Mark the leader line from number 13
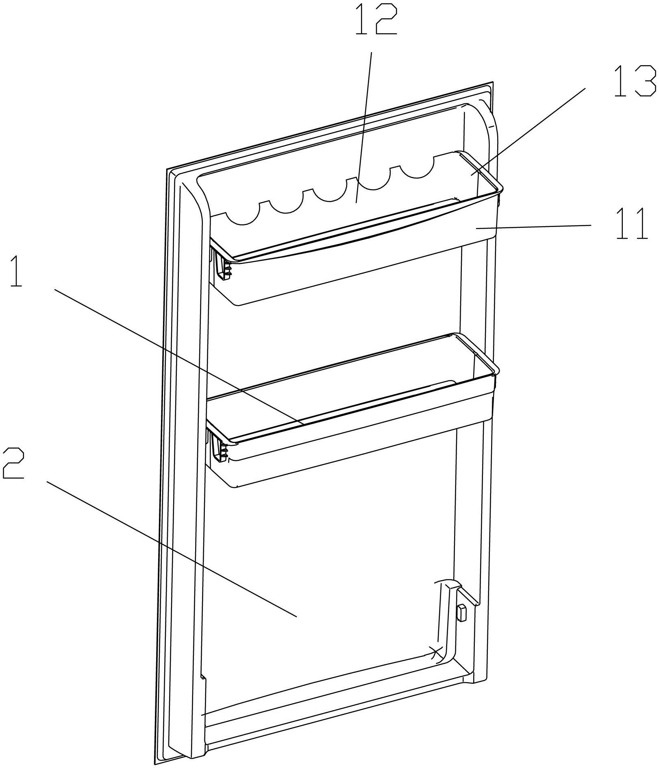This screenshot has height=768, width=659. click(529, 130)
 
